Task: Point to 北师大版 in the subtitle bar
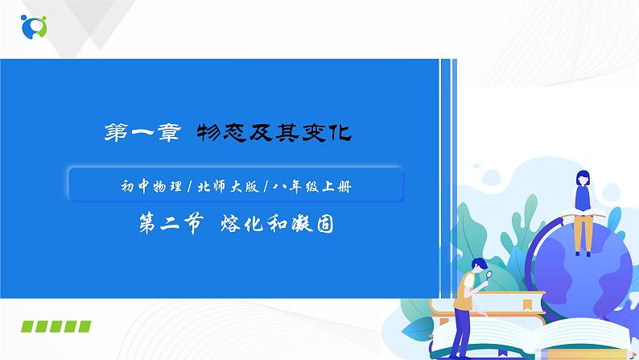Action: pos(216,187)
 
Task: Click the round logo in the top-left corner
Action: pos(35,25)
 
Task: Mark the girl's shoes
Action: pos(580,251)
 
